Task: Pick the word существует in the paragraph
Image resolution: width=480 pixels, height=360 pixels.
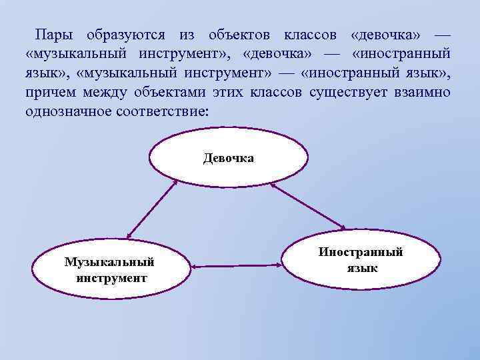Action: coord(347,91)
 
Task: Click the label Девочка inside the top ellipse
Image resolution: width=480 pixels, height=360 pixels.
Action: coord(228,159)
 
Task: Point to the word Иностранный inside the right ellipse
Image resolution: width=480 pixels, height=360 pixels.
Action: coord(361,253)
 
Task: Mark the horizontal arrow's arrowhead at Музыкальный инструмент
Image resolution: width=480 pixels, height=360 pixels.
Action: coord(193,266)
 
